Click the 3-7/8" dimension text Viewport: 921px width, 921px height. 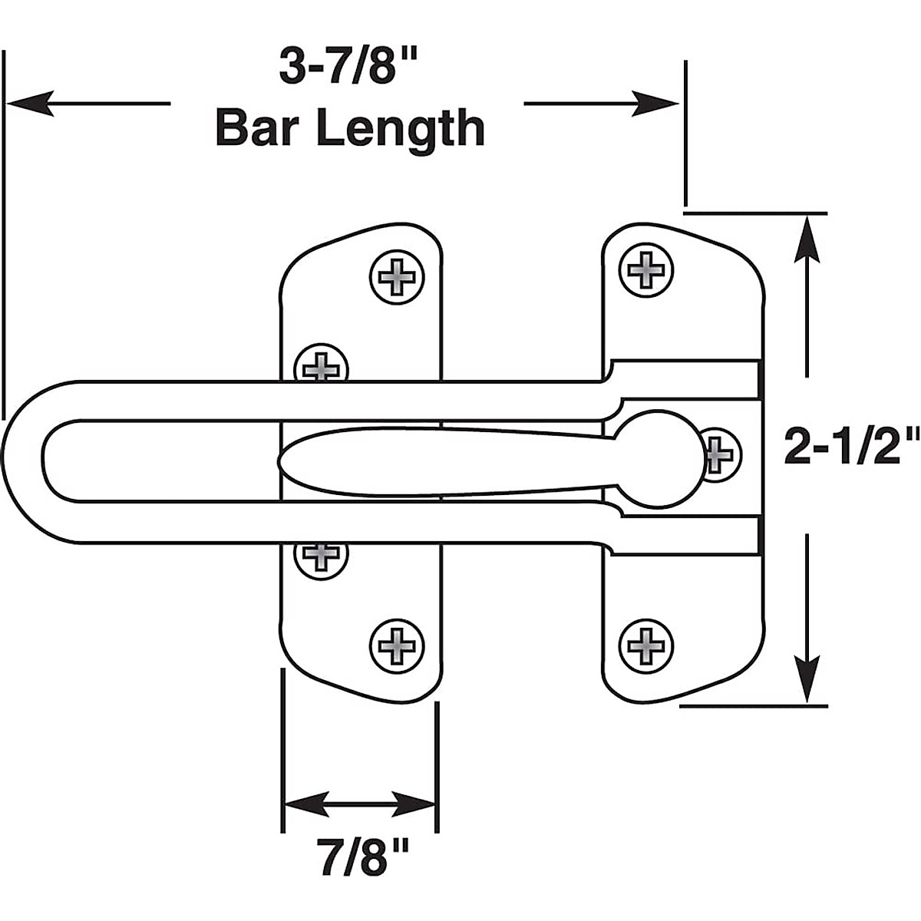(x=349, y=68)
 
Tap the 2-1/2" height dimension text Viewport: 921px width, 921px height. (x=850, y=447)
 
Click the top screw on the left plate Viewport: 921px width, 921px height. (x=397, y=276)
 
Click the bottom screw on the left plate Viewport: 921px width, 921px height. (x=397, y=643)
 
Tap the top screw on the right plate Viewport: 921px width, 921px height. (x=646, y=269)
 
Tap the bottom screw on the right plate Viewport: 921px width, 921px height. (x=646, y=643)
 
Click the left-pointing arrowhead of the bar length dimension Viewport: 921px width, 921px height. (x=31, y=103)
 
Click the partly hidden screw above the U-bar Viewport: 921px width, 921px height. (x=322, y=364)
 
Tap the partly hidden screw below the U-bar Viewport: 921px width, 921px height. (x=322, y=556)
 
